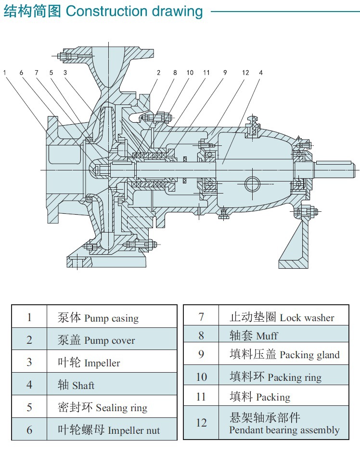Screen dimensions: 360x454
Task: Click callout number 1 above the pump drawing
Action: [5, 73]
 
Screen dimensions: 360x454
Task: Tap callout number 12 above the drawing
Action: [245, 73]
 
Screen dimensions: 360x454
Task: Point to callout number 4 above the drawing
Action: [261, 73]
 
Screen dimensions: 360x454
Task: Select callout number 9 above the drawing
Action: [225, 73]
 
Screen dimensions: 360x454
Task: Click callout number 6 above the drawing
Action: [21, 73]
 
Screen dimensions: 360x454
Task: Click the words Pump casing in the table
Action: [111, 319]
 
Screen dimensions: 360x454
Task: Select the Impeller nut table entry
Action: [134, 430]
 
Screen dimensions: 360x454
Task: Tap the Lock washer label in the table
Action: [307, 318]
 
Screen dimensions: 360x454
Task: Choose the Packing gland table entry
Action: [309, 355]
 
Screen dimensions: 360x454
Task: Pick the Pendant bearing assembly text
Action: [284, 430]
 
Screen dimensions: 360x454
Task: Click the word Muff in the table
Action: [267, 336]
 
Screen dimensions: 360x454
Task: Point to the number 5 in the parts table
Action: [29, 407]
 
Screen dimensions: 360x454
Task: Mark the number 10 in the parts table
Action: [201, 377]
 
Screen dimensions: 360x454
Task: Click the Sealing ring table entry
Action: [122, 408]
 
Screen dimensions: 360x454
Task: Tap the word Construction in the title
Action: [107, 11]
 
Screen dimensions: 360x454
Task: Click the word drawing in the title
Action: [178, 12]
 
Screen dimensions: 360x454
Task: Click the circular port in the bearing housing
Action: [252, 184]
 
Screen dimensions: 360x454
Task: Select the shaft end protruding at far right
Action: [335, 169]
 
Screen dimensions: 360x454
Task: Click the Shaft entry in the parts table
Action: [83, 386]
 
